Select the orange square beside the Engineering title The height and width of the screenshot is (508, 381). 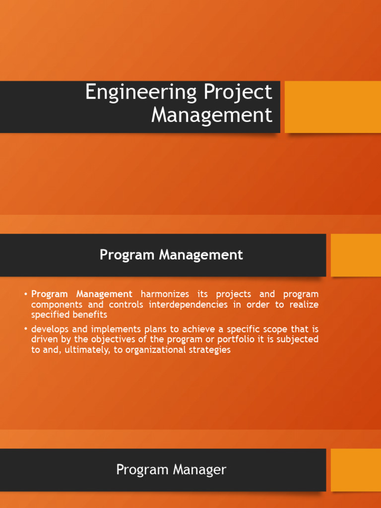[x=332, y=107]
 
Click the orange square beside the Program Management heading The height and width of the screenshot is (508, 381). [x=356, y=255]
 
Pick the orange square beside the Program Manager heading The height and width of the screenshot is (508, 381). [x=356, y=470]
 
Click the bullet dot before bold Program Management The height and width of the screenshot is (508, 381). [x=25, y=294]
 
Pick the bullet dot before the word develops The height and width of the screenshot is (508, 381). [x=25, y=329]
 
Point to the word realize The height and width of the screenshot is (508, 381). [x=304, y=305]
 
